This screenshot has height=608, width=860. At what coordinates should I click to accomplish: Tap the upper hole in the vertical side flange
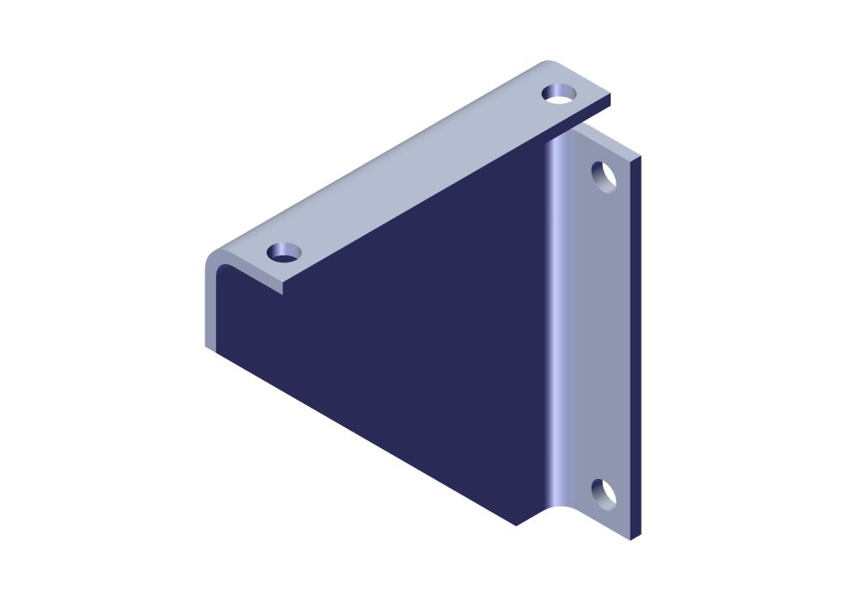[x=605, y=175]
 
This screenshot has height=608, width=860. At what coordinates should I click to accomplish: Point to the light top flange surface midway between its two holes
[x=421, y=172]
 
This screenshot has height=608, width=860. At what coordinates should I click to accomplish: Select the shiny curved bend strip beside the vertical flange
[x=558, y=327]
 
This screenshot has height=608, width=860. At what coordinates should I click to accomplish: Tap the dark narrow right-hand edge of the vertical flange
[x=636, y=344]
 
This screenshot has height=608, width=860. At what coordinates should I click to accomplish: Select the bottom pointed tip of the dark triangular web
[x=516, y=524]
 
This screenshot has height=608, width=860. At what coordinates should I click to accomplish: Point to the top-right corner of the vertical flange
[x=638, y=158]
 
